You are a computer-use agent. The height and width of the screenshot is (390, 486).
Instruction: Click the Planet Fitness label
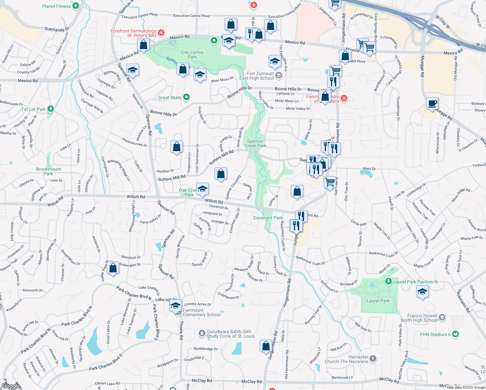click(x=57, y=6)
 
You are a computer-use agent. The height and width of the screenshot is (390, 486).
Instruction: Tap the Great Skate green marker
click(x=186, y=97)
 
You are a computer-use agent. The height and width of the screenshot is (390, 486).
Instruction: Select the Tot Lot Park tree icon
click(x=51, y=109)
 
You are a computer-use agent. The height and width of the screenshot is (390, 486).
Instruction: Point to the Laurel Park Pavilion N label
click(x=416, y=282)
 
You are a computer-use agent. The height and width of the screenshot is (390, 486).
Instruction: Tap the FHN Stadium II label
click(x=435, y=334)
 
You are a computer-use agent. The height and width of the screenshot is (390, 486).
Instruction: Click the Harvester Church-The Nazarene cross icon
click(x=373, y=359)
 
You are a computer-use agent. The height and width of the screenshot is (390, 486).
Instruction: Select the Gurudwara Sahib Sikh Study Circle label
click(x=231, y=334)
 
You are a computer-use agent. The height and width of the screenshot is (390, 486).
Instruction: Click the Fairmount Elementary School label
click(x=201, y=312)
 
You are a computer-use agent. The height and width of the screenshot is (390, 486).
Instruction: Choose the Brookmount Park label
click(x=48, y=171)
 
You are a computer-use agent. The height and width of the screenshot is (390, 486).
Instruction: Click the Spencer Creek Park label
click(x=255, y=143)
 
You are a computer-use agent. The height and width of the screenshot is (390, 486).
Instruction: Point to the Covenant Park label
click(x=268, y=218)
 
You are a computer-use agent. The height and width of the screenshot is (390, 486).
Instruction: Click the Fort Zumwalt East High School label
click(x=257, y=76)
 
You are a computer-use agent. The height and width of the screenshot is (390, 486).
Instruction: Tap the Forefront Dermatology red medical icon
click(x=161, y=33)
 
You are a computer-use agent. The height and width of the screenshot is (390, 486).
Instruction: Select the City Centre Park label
click(x=192, y=55)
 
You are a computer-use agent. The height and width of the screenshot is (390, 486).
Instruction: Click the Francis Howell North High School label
click(x=419, y=318)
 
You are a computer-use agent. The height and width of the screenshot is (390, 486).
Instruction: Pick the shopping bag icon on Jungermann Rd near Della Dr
click(x=266, y=346)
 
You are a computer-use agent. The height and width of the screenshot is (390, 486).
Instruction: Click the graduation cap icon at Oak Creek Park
click(x=202, y=189)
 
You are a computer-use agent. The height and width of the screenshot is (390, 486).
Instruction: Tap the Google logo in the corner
click(x=11, y=386)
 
